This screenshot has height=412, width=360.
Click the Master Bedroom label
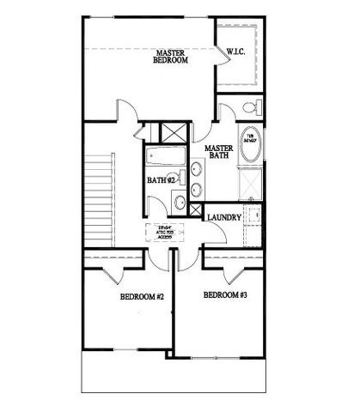[x=172, y=57]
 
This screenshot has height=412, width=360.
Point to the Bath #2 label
[x=160, y=181]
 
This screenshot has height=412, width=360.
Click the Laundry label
[x=224, y=218]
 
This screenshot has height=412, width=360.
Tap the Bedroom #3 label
[x=225, y=295]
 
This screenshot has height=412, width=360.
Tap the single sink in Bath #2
[x=180, y=203]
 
